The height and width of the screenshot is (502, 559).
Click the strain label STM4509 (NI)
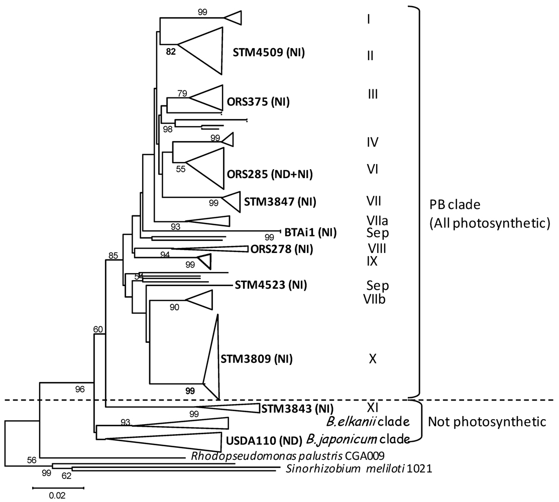pyautogui.click(x=269, y=52)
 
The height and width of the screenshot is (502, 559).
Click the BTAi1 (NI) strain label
pyautogui.click(x=310, y=232)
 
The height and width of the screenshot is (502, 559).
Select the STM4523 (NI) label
pyautogui.click(x=271, y=286)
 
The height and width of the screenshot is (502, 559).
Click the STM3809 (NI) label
pyautogui.click(x=257, y=359)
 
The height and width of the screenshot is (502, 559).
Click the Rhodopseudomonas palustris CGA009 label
pyautogui.click(x=287, y=456)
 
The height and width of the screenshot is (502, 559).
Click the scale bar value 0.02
pyautogui.click(x=57, y=495)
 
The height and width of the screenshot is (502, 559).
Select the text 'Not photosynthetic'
pyautogui.click(x=487, y=422)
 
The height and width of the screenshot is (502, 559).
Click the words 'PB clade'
pyautogui.click(x=448, y=206)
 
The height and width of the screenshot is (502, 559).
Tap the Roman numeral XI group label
pyautogui.click(x=373, y=404)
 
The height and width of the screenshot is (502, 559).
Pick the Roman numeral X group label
pyautogui.click(x=373, y=359)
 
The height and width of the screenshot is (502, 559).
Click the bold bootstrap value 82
pyautogui.click(x=171, y=51)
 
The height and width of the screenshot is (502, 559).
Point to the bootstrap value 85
pyautogui.click(x=113, y=256)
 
